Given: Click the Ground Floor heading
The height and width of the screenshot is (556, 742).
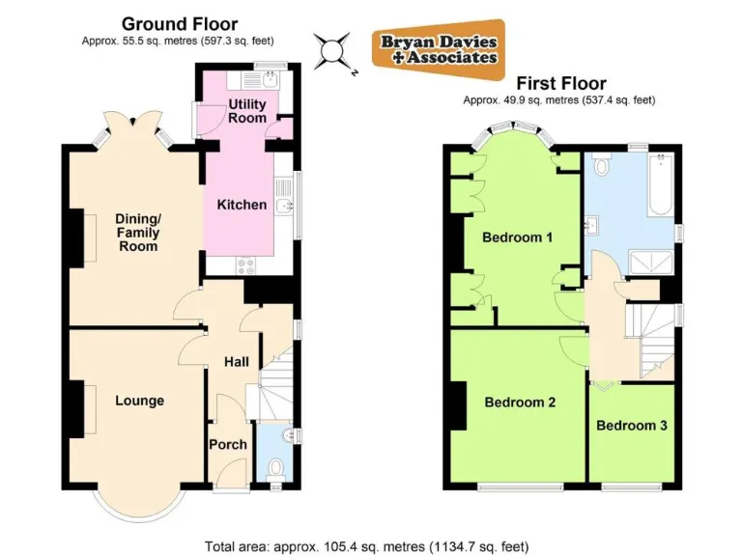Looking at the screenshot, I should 179,24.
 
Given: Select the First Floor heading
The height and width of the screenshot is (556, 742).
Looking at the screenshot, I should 560,84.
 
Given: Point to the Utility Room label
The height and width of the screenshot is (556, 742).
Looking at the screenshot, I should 247,111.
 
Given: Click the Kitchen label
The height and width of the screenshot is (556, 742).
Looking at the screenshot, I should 241,205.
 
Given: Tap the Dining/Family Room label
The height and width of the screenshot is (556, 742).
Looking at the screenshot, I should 136,233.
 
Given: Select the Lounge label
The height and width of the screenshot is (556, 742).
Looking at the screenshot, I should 139,401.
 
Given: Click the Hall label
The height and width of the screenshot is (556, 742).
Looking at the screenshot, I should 236,362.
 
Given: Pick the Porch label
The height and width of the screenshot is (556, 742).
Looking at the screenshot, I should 228,445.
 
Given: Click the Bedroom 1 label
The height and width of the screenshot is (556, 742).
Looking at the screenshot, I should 517,237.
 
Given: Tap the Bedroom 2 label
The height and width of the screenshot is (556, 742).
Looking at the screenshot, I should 519,403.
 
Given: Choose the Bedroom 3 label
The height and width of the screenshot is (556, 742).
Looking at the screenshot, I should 631,425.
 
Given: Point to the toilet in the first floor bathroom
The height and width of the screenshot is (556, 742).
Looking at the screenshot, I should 601,165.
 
